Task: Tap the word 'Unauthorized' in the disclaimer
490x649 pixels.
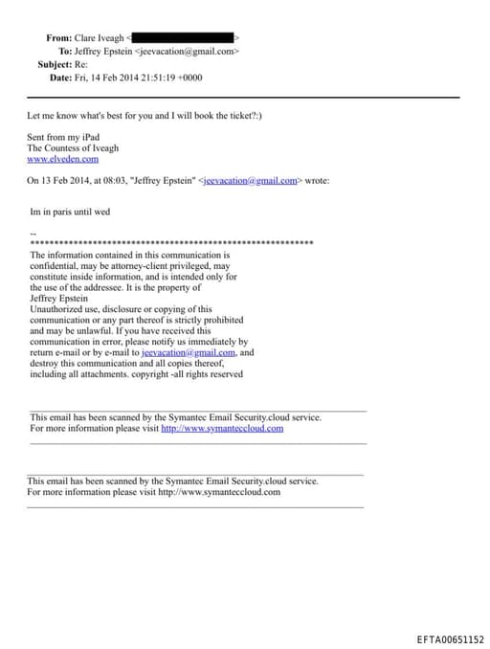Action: tap(59, 309)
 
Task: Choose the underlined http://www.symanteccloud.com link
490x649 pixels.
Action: tap(222, 429)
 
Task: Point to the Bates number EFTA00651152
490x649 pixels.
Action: tap(451, 638)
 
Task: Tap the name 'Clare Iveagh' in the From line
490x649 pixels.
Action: tap(100, 37)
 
